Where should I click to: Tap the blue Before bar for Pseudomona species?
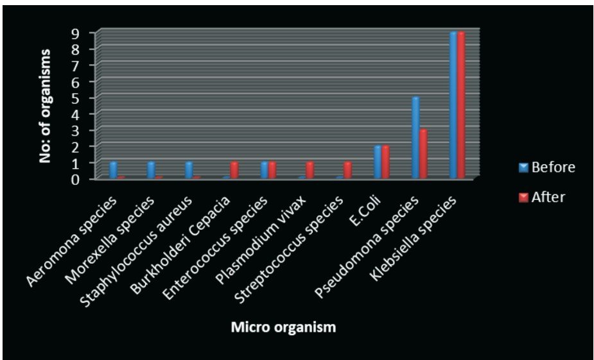(415, 137)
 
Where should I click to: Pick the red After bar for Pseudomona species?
(423, 153)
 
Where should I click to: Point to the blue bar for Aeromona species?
(114, 170)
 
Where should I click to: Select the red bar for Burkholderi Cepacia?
(234, 170)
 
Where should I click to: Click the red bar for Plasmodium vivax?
(310, 170)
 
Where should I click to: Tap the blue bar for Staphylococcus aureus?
(189, 170)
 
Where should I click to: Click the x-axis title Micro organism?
(283, 328)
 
